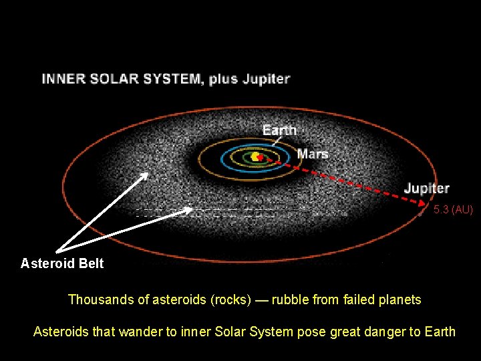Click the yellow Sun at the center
[255, 156]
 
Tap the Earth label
[279, 130]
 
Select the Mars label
[313, 154]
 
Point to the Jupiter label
[426, 189]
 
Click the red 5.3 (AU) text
[453, 210]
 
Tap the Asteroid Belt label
[62, 263]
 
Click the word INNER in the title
[63, 79]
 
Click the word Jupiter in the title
[265, 79]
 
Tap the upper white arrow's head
[147, 174]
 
